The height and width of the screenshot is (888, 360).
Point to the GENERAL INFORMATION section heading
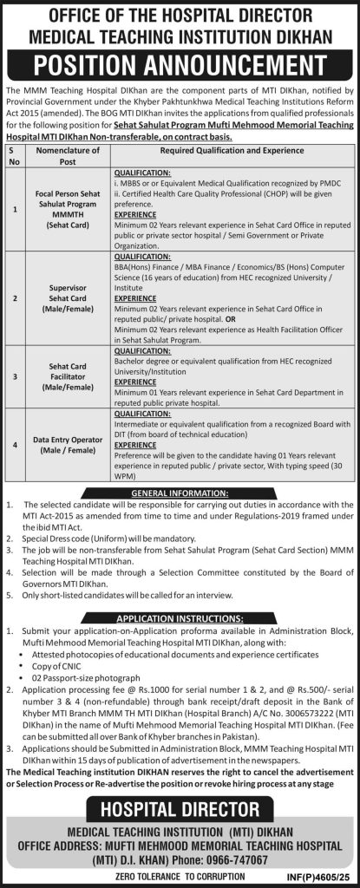coord(180,493)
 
